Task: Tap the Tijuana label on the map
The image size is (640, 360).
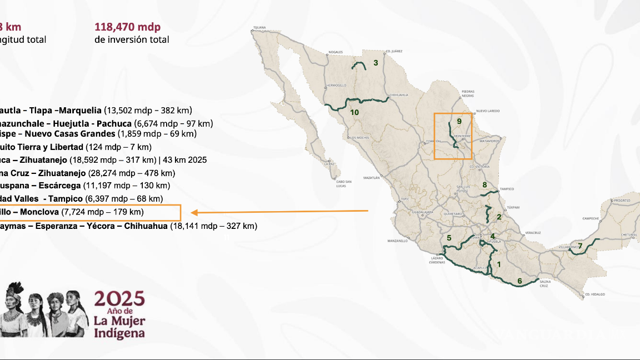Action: (x=260, y=27)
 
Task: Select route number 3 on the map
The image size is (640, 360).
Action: (x=376, y=63)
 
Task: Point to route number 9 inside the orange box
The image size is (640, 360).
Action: (x=459, y=121)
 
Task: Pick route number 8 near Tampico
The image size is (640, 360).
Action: (x=484, y=185)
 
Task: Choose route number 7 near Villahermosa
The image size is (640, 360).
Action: (x=580, y=246)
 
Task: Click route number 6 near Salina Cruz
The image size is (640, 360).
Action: (x=519, y=281)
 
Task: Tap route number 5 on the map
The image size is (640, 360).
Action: (x=449, y=238)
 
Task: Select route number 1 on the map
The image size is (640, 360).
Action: (x=498, y=264)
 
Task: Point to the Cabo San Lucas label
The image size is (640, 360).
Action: (x=344, y=183)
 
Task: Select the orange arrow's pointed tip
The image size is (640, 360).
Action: (x=192, y=212)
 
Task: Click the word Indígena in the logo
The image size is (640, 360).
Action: (x=119, y=333)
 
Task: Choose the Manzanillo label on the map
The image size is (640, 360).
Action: (x=398, y=241)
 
